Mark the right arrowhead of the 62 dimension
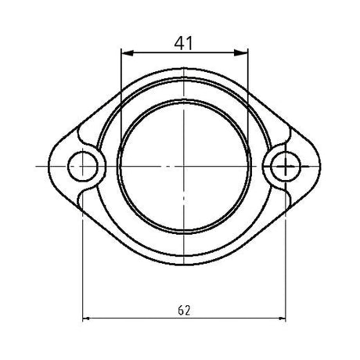(281, 318)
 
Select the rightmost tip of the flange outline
(322, 166)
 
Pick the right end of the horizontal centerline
(332, 166)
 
